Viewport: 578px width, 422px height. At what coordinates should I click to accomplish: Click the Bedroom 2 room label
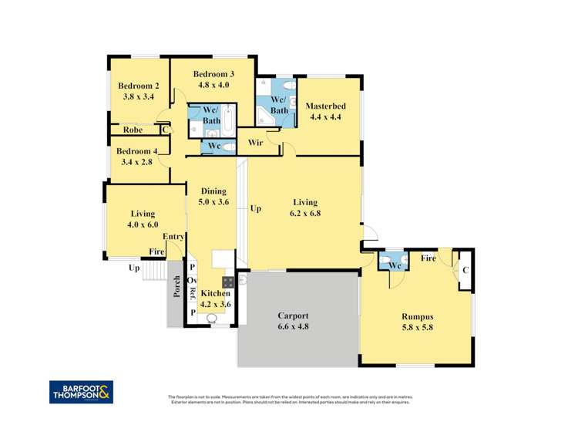pyautogui.click(x=139, y=86)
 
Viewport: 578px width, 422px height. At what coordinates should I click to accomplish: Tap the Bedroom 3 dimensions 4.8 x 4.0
pyautogui.click(x=212, y=85)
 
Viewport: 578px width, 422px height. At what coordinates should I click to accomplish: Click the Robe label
pyautogui.click(x=124, y=130)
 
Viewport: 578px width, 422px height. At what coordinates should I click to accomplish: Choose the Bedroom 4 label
pyautogui.click(x=139, y=151)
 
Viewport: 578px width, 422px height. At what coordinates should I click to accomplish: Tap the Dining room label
pyautogui.click(x=213, y=191)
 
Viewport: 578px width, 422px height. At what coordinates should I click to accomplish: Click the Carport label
pyautogui.click(x=294, y=316)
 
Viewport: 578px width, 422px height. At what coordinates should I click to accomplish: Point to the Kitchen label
pyautogui.click(x=214, y=293)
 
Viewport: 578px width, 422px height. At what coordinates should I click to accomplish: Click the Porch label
pyautogui.click(x=176, y=286)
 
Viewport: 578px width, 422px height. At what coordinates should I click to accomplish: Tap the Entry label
pyautogui.click(x=173, y=237)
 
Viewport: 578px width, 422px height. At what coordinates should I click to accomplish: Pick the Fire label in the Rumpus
pyautogui.click(x=428, y=259)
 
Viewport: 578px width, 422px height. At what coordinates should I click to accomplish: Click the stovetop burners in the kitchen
pyautogui.click(x=227, y=281)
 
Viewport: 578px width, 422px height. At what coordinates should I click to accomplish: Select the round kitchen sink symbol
pyautogui.click(x=213, y=317)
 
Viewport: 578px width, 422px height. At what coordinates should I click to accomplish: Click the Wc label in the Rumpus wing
pyautogui.click(x=394, y=266)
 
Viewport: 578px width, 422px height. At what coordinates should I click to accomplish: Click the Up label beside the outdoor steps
pyautogui.click(x=134, y=268)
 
